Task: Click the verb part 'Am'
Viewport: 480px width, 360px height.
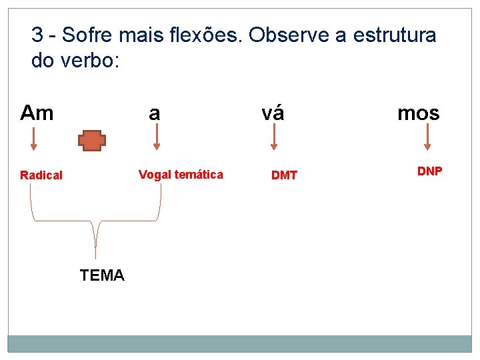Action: tap(37, 113)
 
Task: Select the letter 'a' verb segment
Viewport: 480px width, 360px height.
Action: tap(155, 113)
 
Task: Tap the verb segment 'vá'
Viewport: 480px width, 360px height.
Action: tap(273, 113)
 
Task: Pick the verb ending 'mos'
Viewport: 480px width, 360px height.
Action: tap(419, 113)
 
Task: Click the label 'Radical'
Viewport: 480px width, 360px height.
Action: tap(41, 175)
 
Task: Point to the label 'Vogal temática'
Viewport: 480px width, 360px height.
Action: tap(181, 175)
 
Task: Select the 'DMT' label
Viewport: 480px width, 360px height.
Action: tap(284, 175)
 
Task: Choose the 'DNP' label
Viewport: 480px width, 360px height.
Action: tap(429, 171)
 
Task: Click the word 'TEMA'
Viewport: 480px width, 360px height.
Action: tap(102, 275)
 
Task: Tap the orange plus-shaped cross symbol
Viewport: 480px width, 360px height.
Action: tap(92, 140)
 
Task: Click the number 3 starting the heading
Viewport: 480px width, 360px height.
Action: tap(37, 35)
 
